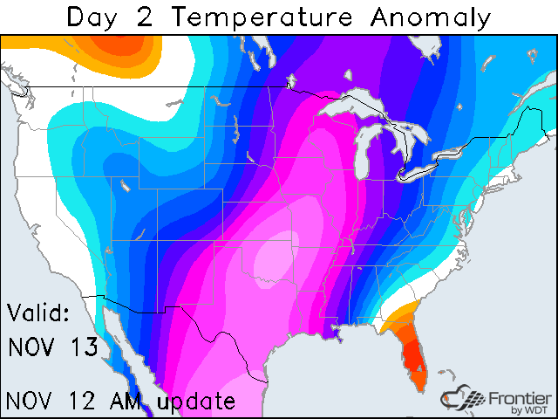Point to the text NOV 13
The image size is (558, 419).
click(x=54, y=347)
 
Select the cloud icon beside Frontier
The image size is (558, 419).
click(x=462, y=397)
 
